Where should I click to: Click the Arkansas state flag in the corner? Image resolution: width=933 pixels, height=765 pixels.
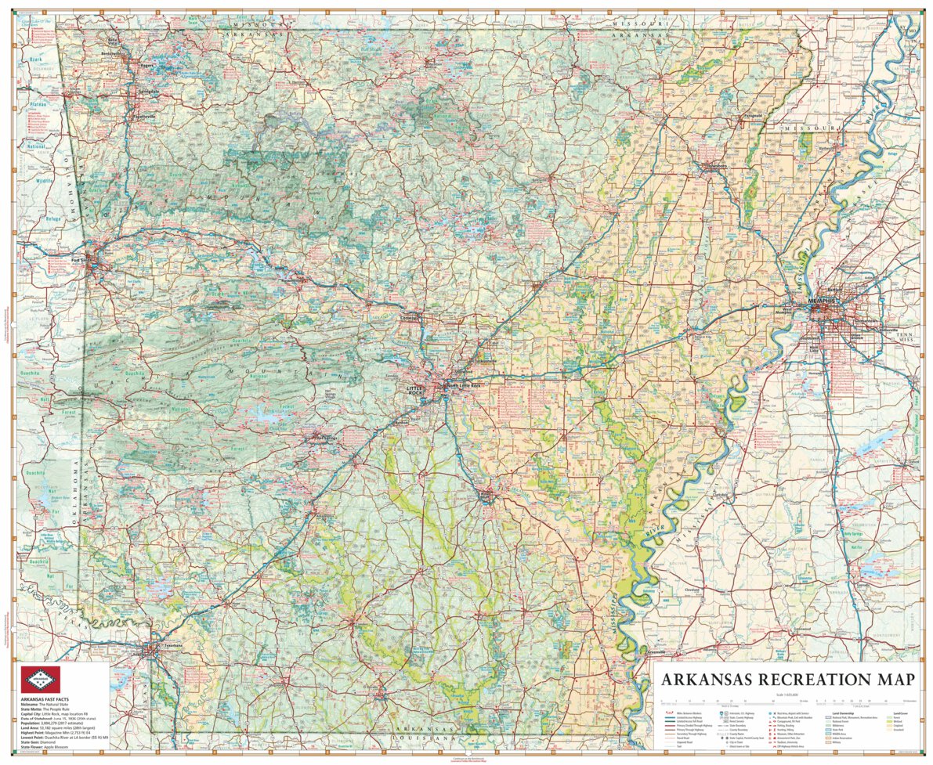40,679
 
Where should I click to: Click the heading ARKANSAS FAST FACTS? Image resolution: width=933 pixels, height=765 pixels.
43,698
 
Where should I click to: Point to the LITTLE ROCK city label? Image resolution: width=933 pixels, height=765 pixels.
414,389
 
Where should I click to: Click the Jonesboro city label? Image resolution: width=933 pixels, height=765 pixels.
717,166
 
